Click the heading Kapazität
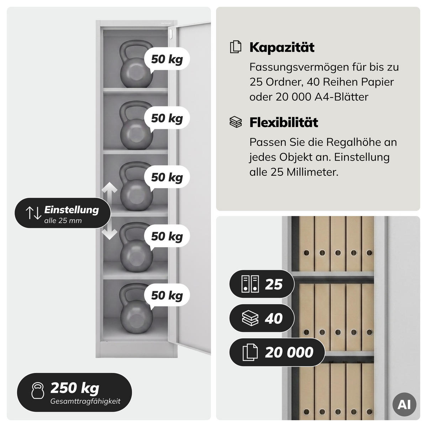(x=282, y=47)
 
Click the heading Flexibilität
(x=284, y=122)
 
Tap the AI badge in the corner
(x=404, y=404)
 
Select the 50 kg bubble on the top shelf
(x=167, y=59)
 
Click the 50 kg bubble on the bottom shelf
(x=167, y=295)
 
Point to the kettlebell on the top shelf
(x=136, y=64)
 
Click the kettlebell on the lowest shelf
(x=136, y=308)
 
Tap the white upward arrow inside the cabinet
(x=110, y=193)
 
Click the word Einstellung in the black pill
(x=72, y=210)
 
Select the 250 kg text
(x=75, y=388)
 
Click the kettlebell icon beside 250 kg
(x=38, y=391)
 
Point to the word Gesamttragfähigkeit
(x=85, y=401)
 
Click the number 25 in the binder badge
(x=274, y=284)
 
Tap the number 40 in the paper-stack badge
(x=274, y=318)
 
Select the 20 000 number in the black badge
(x=289, y=352)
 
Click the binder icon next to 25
(x=250, y=284)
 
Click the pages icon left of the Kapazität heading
(x=236, y=47)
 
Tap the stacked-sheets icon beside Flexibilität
(x=236, y=122)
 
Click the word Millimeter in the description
(x=312, y=172)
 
